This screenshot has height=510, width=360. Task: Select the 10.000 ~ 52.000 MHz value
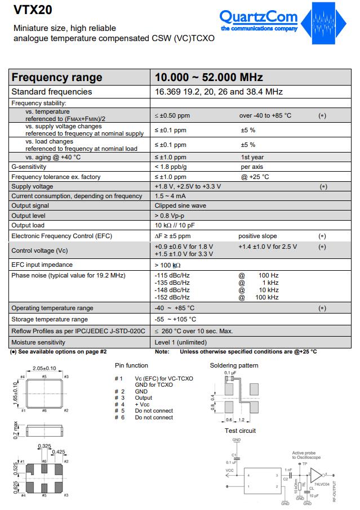[x=209, y=77]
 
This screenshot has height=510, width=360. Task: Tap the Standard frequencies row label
[x=52, y=92]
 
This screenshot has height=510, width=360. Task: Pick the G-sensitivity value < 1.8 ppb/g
[x=171, y=167]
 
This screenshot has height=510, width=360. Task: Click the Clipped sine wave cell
[x=180, y=205]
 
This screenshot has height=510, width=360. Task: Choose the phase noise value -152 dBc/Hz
[x=172, y=297]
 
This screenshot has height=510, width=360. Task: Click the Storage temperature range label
[x=50, y=320]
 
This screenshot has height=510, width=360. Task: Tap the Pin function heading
[x=131, y=365]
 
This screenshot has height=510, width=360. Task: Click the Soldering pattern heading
[x=234, y=365]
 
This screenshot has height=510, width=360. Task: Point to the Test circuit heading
[x=240, y=431]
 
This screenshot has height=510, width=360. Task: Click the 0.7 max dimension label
[x=16, y=433]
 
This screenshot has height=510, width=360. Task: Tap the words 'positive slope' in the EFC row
[x=257, y=236]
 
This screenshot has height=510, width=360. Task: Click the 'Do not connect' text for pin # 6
[x=154, y=417]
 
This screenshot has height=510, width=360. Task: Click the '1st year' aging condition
[x=252, y=158]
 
